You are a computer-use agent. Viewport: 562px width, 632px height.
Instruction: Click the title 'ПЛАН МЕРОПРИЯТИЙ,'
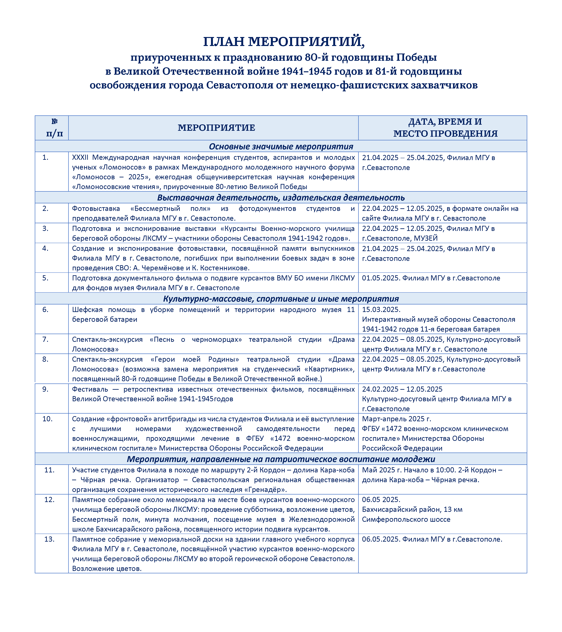[284, 42]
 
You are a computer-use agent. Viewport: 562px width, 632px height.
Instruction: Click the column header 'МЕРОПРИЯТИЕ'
[216, 128]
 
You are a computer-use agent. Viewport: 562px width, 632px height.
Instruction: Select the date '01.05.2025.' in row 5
[381, 278]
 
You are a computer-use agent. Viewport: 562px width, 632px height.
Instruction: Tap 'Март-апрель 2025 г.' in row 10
[397, 419]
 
